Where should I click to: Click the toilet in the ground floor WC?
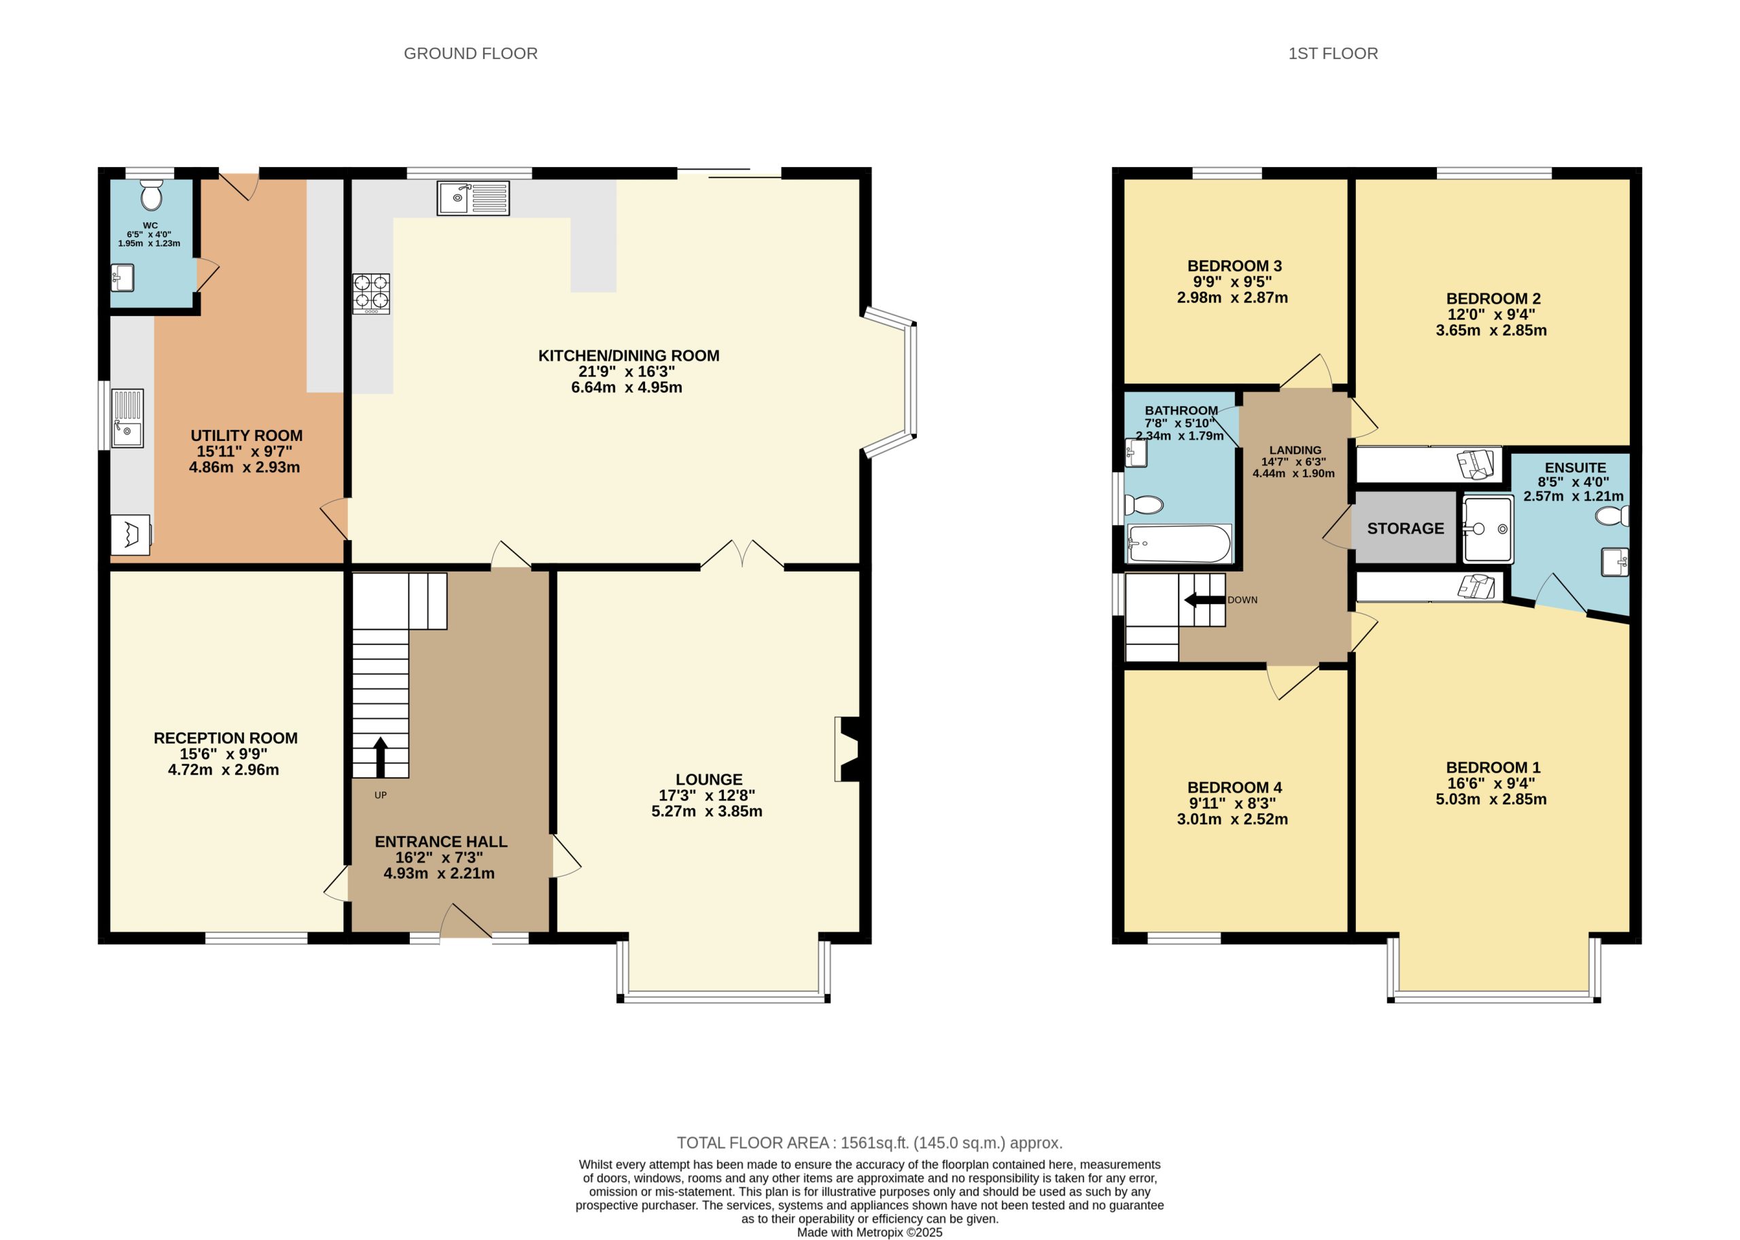click(152, 196)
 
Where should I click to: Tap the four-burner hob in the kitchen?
click(370, 294)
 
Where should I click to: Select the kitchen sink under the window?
click(473, 198)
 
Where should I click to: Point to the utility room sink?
click(127, 419)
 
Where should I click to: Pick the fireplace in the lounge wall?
click(848, 749)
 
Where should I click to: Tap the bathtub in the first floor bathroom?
click(1179, 544)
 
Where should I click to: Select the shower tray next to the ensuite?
click(1487, 529)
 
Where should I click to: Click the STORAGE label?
click(1405, 529)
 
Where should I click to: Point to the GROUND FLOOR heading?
click(470, 54)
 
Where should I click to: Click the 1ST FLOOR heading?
click(1333, 54)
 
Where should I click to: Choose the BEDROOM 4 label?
click(1234, 787)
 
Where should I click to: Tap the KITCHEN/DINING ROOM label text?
click(628, 355)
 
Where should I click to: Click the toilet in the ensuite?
click(1612, 517)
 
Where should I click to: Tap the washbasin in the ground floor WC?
click(122, 277)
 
